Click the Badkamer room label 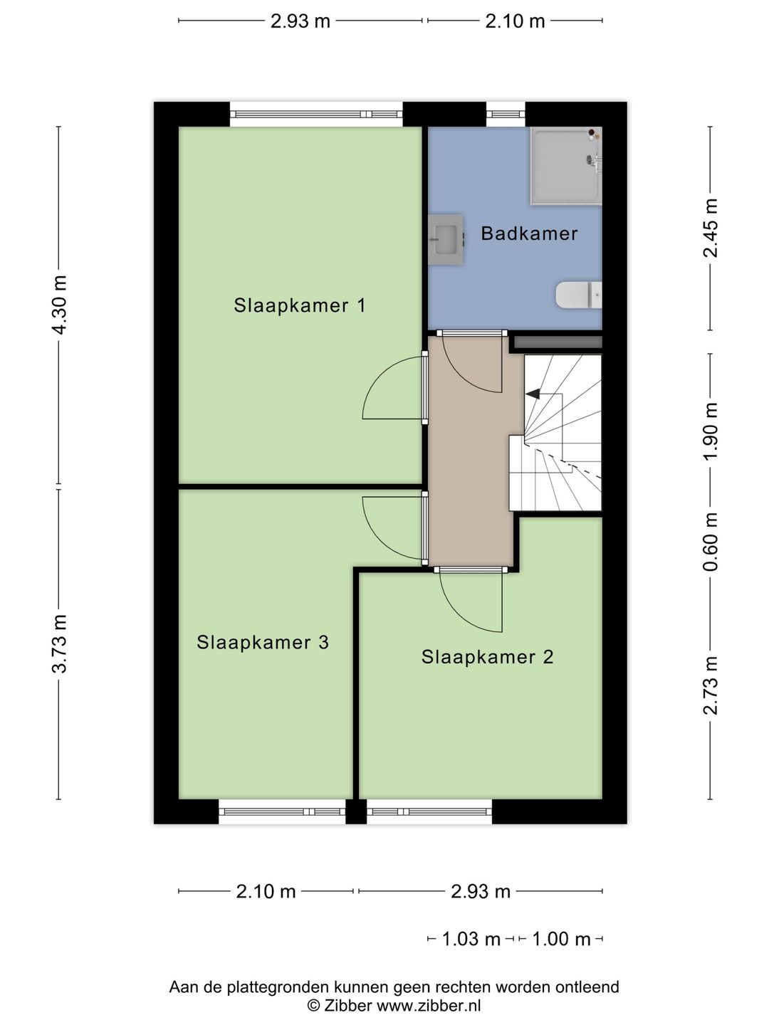[529, 233]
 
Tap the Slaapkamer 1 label [300, 305]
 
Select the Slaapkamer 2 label [487, 656]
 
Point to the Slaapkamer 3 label [263, 642]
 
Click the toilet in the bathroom [578, 295]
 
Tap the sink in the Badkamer [446, 236]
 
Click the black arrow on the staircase [533, 394]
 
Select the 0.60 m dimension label [710, 542]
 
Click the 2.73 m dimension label [710, 685]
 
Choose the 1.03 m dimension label [471, 939]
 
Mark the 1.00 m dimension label [561, 939]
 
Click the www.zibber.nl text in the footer [429, 1006]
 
